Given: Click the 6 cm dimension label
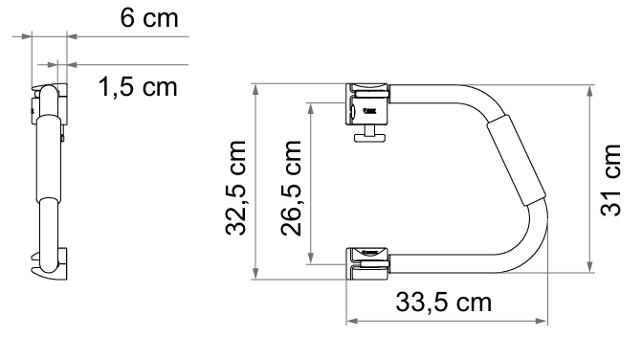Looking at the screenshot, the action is click(149, 18).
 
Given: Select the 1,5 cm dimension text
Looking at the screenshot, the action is click(138, 87).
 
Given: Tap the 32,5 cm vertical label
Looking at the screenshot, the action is click(235, 188).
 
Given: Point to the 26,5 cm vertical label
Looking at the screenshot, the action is click(291, 188).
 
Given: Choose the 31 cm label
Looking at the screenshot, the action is click(610, 180).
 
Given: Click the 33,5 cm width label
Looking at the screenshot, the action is click(443, 303).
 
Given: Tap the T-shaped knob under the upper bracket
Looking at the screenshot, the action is click(369, 135).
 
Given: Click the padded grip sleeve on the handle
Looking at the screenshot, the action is click(517, 160).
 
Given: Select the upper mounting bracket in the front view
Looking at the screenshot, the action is click(367, 104).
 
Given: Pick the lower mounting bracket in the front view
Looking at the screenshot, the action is click(367, 263).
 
